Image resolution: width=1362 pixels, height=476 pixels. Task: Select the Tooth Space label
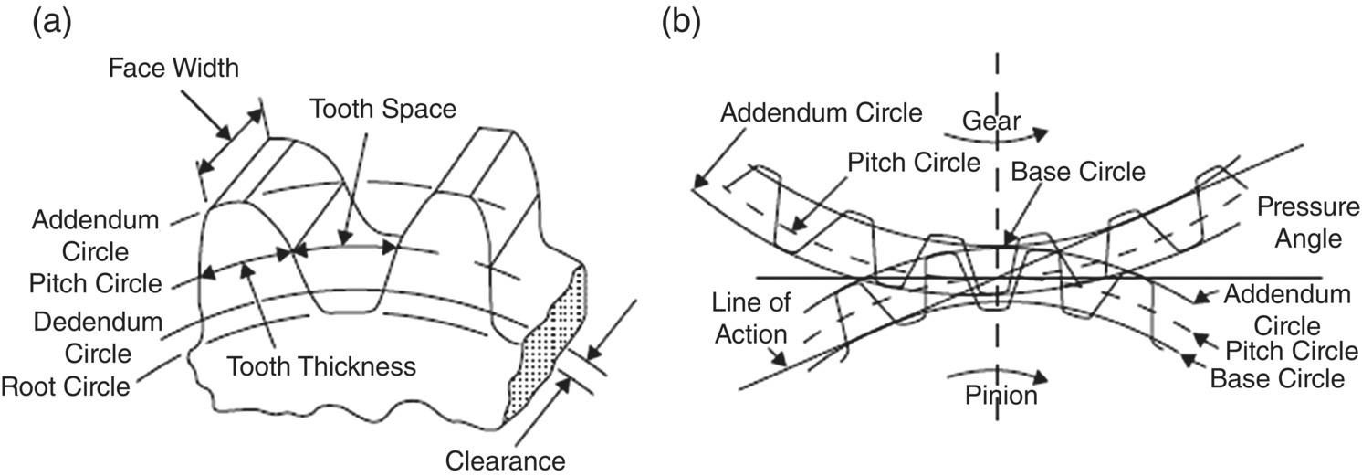coord(382,110)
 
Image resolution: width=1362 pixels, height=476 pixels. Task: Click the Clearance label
coord(507,458)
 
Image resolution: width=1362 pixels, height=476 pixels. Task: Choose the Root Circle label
coord(65,386)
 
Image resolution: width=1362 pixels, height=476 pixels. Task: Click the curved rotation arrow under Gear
coord(995,134)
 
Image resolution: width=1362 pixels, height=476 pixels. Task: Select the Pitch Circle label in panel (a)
coord(98,284)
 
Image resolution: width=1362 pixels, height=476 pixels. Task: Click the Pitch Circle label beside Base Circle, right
coord(1284,350)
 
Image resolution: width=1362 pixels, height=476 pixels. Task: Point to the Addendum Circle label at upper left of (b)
coord(822,113)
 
